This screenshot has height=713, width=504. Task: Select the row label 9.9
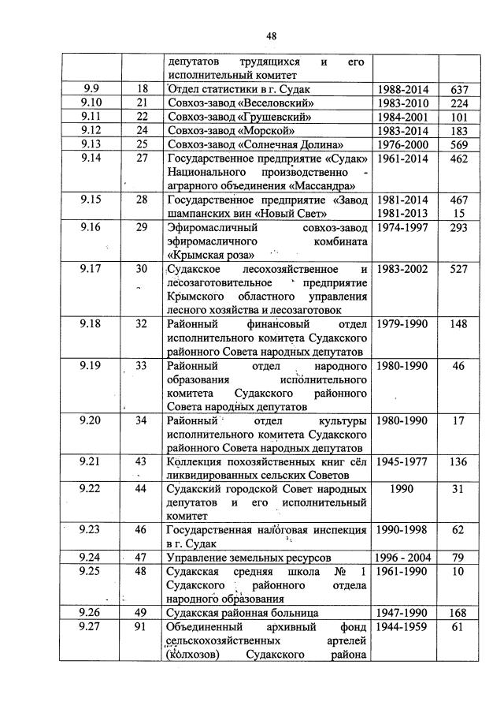click(91, 89)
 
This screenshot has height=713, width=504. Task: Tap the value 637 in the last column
click(461, 89)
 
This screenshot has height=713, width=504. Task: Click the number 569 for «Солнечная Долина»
click(461, 145)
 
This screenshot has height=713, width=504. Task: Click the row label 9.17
click(91, 269)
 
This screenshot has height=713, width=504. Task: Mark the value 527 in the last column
click(461, 269)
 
